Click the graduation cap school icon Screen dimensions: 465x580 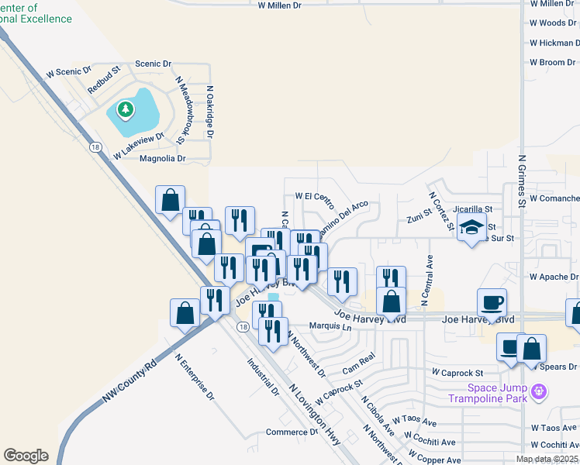471,228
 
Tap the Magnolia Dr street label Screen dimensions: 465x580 163,159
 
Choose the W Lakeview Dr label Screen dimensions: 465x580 139,145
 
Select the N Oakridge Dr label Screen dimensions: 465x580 209,112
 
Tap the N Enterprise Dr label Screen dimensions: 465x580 195,375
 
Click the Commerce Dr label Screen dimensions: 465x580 292,432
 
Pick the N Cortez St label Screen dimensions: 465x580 440,212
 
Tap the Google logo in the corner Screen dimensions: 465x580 26,456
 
